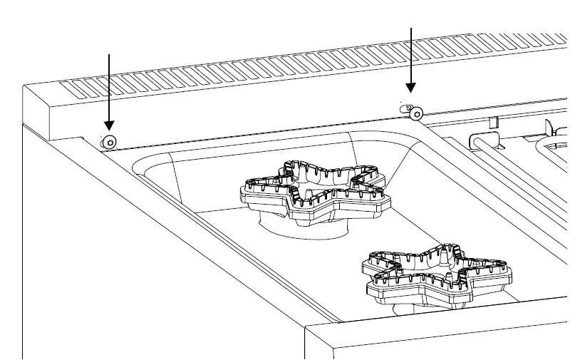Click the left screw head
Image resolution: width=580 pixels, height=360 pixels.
(x=109, y=143)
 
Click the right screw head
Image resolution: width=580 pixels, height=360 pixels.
(x=415, y=113)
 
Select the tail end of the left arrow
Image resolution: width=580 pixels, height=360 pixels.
(x=109, y=54)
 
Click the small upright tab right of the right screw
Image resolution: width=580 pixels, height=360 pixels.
(x=492, y=120)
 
